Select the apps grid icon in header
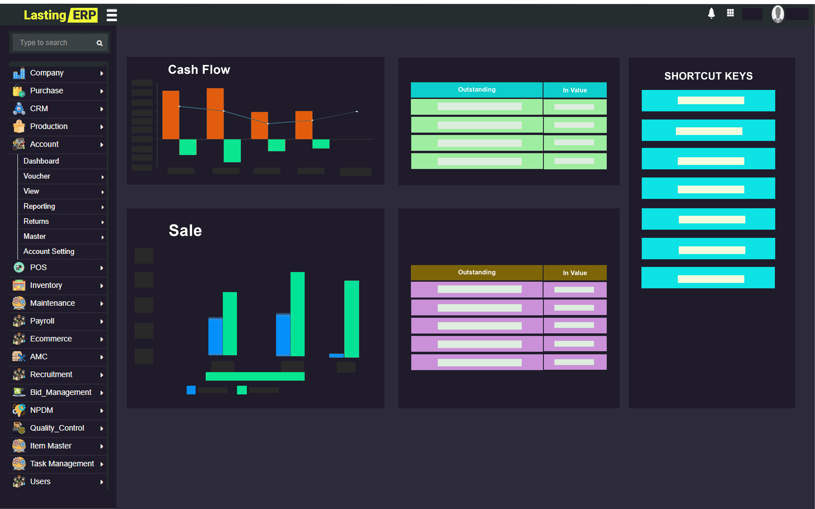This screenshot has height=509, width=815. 730,13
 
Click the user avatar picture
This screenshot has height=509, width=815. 778,14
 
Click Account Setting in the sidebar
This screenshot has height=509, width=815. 49,251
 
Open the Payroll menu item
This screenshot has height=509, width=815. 42,321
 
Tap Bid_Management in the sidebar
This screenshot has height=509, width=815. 61,392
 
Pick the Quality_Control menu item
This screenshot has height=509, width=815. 57,428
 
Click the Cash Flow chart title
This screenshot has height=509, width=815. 199,70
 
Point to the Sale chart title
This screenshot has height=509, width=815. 185,231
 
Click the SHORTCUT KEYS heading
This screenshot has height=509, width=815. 708,76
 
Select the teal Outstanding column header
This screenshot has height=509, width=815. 477,90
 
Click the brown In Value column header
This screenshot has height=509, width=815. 575,273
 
